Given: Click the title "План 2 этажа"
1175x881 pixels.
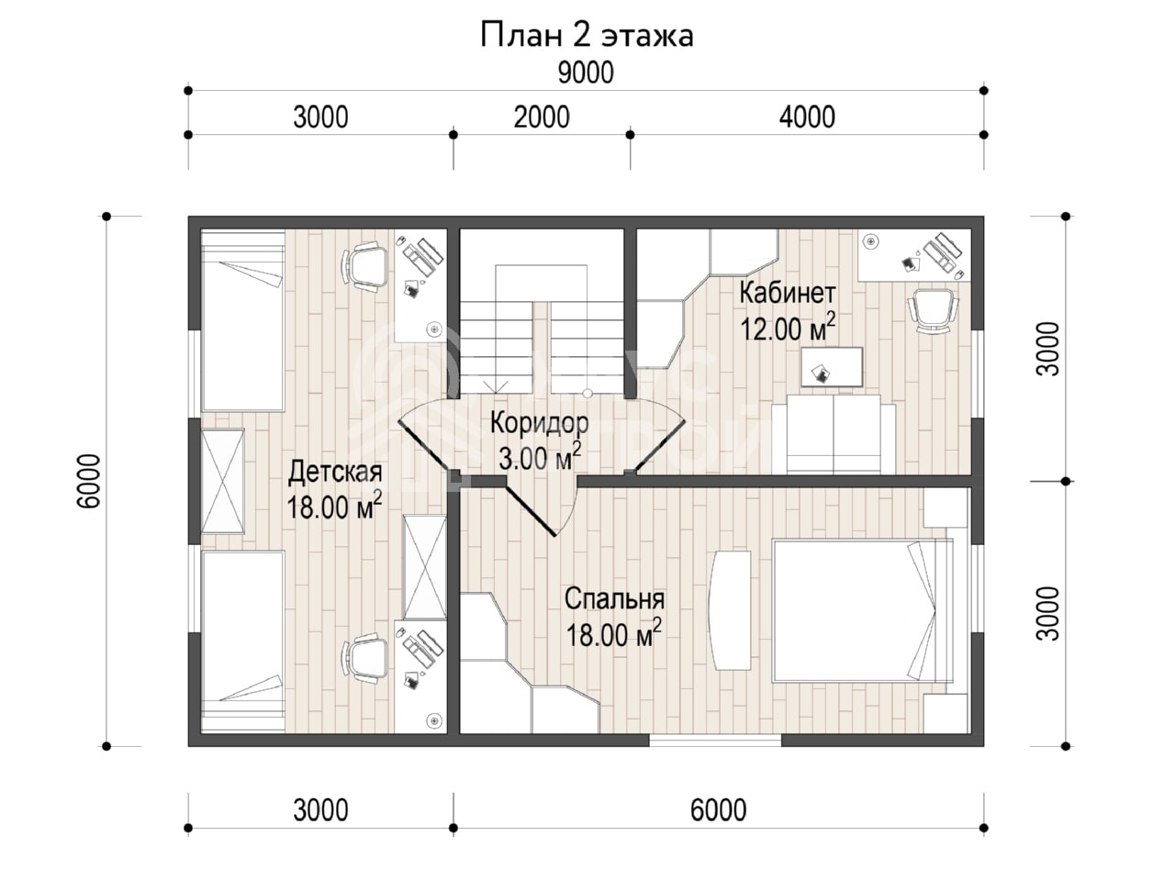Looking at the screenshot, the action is pyautogui.click(x=587, y=36).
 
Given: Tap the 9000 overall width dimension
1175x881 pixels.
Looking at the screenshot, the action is pyautogui.click(x=586, y=72).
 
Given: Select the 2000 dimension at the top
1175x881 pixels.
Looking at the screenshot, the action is pyautogui.click(x=542, y=117).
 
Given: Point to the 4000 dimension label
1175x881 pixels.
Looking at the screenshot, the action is pyautogui.click(x=807, y=117).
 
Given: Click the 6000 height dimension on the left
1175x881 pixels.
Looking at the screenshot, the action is pyautogui.click(x=89, y=481).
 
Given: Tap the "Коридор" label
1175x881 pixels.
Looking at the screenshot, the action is pyautogui.click(x=539, y=422).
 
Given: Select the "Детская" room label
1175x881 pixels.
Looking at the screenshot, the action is pyautogui.click(x=335, y=473).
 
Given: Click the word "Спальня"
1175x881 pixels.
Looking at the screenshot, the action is pyautogui.click(x=614, y=599).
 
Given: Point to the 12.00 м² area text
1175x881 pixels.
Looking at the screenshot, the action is pyautogui.click(x=788, y=328).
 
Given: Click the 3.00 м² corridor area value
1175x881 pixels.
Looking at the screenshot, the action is pyautogui.click(x=540, y=457).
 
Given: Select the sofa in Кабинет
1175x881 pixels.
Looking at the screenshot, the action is pyautogui.click(x=834, y=434).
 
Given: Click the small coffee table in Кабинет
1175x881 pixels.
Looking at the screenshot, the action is pyautogui.click(x=832, y=367).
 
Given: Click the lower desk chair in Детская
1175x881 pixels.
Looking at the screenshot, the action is pyautogui.click(x=365, y=658).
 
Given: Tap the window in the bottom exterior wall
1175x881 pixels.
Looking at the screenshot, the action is pyautogui.click(x=715, y=741).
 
